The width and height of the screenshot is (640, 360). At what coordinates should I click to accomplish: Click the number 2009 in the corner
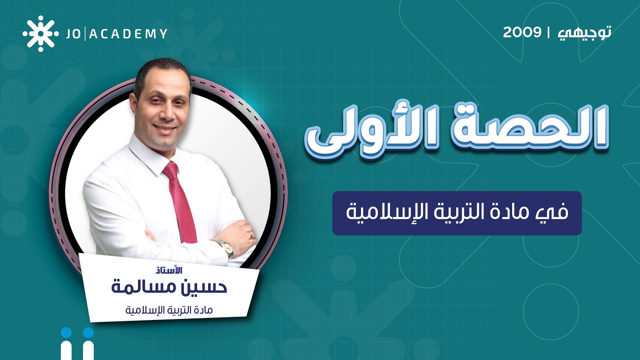click(522, 32)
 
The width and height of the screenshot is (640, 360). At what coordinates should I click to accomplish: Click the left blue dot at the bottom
click(67, 333)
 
